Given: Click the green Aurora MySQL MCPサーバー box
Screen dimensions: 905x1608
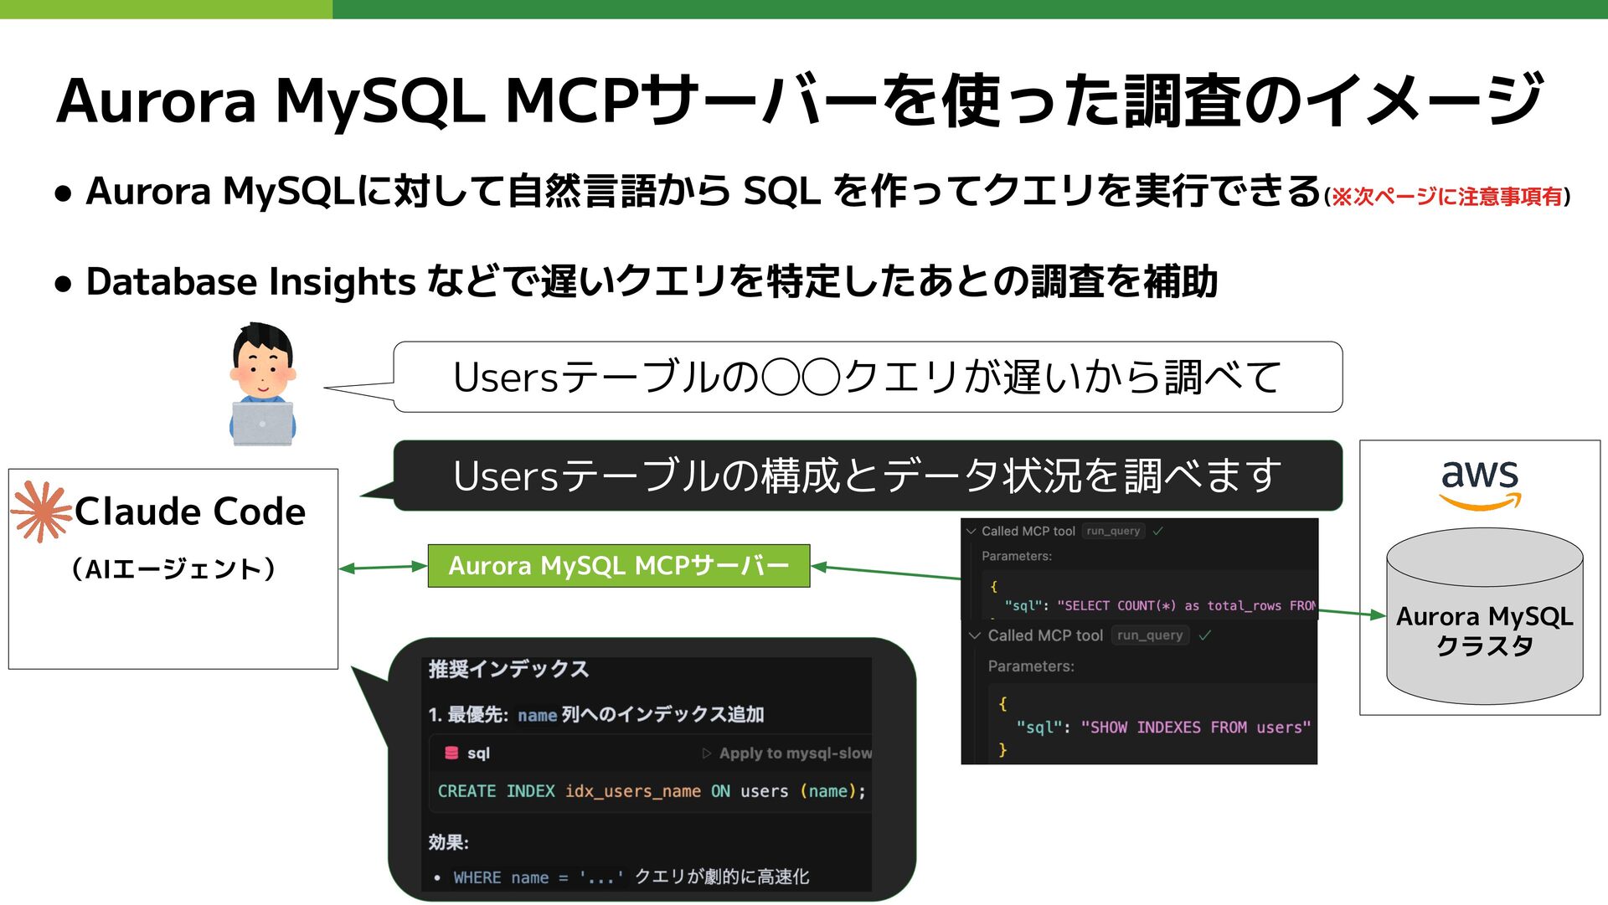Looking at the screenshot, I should [x=618, y=566].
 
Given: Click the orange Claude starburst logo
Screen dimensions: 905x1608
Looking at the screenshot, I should [x=41, y=511].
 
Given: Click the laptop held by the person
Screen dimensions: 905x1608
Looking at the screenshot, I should [x=262, y=424].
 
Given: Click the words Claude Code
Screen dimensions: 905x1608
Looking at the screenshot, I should [x=190, y=512].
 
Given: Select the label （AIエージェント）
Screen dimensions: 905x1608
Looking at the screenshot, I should [x=173, y=569].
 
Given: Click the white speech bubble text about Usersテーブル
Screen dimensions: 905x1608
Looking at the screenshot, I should [x=867, y=378].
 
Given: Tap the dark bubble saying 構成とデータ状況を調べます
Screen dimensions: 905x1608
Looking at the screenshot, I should [x=867, y=476].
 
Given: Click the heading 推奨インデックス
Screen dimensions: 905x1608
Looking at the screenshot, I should [x=508, y=669].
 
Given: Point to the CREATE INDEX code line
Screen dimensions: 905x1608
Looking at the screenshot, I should [x=651, y=791].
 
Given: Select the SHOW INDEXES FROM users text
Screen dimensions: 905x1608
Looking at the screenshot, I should [x=1195, y=728].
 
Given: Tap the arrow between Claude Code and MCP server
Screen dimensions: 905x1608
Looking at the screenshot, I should [x=383, y=568].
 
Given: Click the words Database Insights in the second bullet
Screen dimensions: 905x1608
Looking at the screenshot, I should [x=250, y=282].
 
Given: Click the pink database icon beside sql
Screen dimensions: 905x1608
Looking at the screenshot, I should [x=451, y=753].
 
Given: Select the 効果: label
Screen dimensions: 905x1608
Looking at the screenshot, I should [x=448, y=842].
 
